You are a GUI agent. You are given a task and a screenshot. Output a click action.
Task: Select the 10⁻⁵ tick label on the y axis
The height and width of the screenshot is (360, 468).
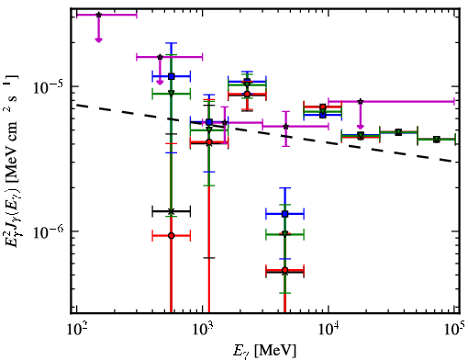49,86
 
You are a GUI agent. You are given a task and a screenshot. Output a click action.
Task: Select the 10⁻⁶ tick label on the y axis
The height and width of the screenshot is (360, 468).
49,231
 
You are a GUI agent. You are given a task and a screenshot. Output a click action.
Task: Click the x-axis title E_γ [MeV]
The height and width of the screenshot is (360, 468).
264,351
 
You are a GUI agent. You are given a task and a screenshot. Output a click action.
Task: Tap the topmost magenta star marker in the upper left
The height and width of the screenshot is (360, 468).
98,15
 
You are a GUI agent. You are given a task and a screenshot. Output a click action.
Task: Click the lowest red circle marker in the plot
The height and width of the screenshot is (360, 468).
285,270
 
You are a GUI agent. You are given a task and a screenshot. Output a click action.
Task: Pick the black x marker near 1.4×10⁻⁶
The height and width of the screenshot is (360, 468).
172,211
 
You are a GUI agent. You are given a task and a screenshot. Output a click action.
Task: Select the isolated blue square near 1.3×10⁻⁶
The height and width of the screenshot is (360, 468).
285,214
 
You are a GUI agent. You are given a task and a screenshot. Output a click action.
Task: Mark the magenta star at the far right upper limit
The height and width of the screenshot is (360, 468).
361,101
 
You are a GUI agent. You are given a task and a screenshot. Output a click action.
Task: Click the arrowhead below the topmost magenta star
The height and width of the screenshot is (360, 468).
98,39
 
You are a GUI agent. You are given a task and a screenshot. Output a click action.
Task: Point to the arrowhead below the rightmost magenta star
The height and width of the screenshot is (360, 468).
361,127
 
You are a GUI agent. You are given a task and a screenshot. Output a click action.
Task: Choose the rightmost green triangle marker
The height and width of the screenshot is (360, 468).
437,140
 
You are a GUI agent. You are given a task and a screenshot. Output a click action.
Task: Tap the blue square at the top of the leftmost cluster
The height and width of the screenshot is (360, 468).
172,76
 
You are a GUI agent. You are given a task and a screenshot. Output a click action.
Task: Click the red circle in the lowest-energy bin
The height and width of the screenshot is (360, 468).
172,236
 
